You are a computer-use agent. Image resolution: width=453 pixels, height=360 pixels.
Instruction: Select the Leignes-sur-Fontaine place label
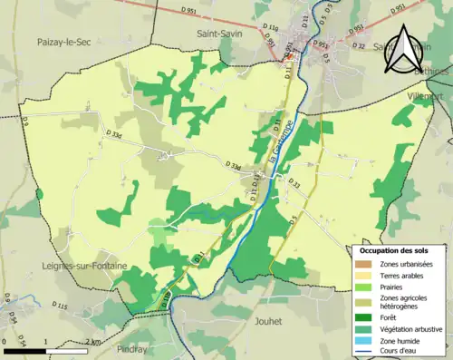pyautogui.click(x=84, y=265)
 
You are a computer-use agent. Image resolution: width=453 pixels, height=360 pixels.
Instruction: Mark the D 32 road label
pyautogui.click(x=358, y=45)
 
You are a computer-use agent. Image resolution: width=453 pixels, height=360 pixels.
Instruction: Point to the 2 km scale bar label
pyautogui.click(x=90, y=342)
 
